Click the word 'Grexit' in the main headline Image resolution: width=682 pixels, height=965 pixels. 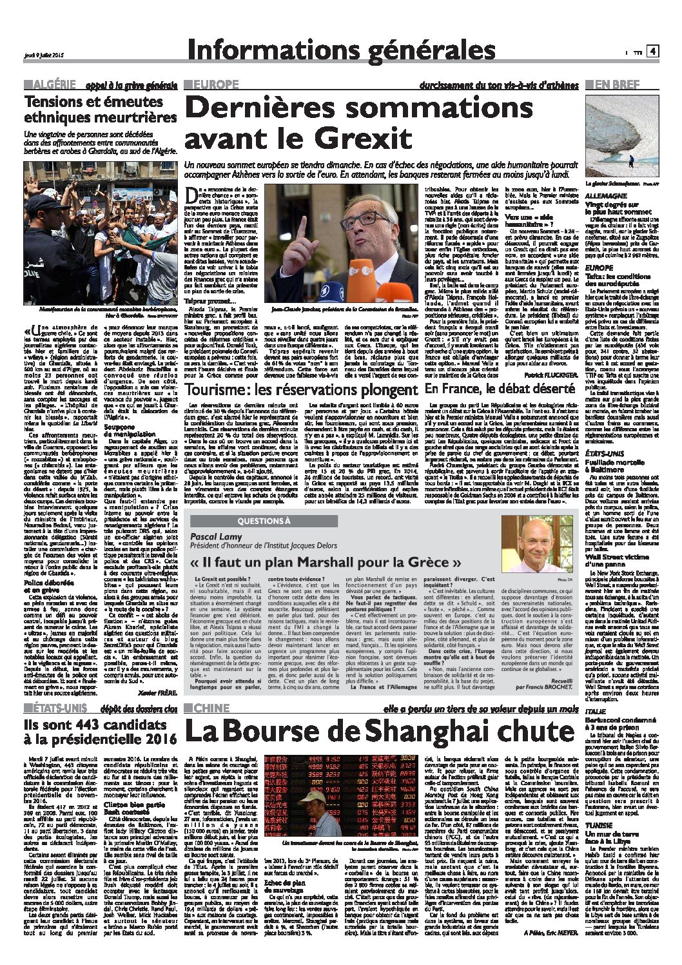[362, 137]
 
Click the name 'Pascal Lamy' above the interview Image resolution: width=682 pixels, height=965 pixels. [216, 536]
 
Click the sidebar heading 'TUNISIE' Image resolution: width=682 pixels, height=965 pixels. [600, 825]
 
